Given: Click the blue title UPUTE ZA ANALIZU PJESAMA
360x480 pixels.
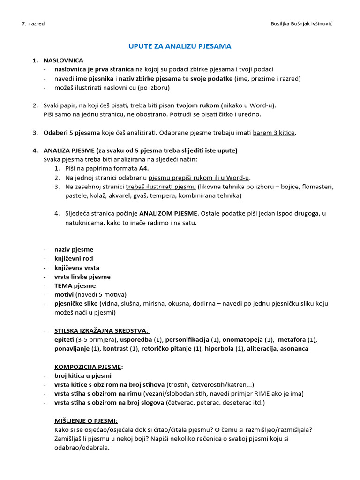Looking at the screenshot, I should point(180,46).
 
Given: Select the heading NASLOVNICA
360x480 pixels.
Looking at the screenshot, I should point(63,60).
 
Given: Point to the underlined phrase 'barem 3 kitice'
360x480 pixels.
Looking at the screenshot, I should point(274,133).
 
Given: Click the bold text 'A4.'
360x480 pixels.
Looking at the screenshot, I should point(145,168).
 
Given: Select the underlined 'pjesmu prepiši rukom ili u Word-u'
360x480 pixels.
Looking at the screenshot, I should point(199,177).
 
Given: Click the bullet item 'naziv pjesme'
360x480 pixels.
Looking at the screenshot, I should point(74,249).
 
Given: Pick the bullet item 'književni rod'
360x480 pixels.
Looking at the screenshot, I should point(74,258).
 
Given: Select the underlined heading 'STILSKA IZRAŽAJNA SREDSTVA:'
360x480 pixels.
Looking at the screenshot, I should point(101,330).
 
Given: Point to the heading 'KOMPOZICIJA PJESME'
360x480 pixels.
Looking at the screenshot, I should point(88,367).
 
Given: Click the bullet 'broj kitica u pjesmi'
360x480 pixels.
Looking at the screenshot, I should point(83,375).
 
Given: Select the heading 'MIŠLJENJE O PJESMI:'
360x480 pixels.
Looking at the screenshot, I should point(86,420).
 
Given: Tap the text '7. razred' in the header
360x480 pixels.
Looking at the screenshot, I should point(33,24).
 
